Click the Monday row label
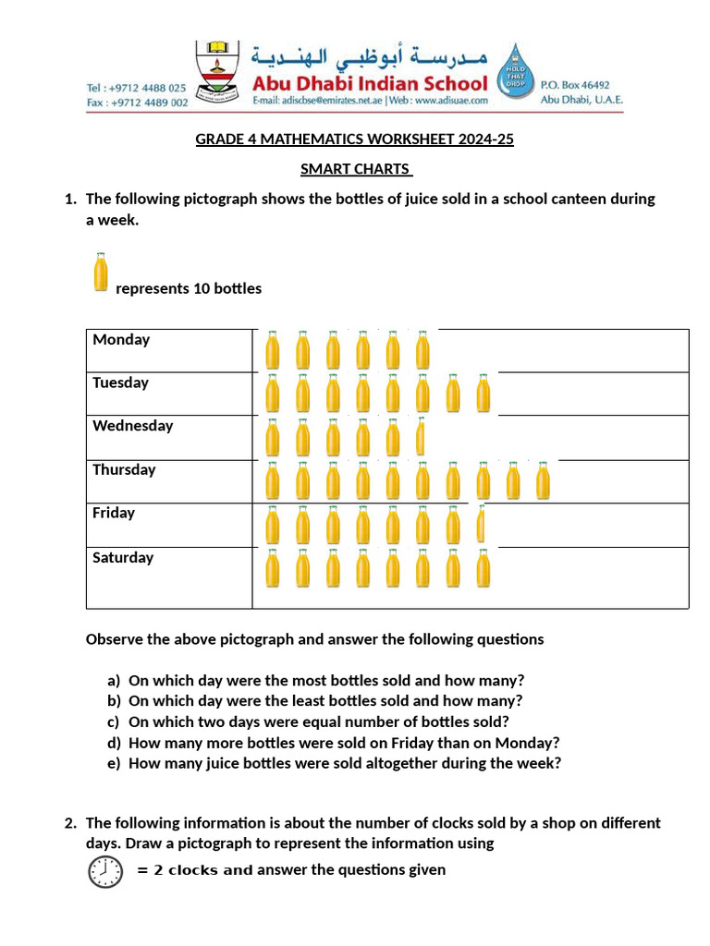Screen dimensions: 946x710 [x=121, y=340]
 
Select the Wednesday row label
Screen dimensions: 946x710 [x=132, y=427]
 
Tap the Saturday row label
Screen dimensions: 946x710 [x=123, y=558]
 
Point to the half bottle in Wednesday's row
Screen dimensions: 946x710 [x=421, y=437]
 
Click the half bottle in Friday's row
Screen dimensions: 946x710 [x=480, y=525]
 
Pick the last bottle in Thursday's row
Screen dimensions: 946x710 [x=543, y=481]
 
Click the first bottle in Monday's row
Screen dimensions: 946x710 [x=273, y=351]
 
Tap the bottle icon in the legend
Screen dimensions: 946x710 [x=101, y=273]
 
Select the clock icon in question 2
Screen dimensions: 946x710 [x=104, y=871]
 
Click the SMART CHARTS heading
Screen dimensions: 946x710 [x=355, y=169]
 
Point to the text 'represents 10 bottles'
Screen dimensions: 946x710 [x=189, y=289]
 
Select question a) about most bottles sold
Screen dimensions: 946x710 [x=326, y=680]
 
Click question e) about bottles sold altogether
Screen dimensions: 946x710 [x=344, y=763]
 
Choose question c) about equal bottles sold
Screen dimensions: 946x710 [x=318, y=722]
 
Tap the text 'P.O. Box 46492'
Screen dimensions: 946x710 [x=575, y=85]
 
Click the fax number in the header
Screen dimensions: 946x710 [x=137, y=103]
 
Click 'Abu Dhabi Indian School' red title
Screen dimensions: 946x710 [x=370, y=83]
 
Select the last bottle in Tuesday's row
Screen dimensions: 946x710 [x=483, y=394]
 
